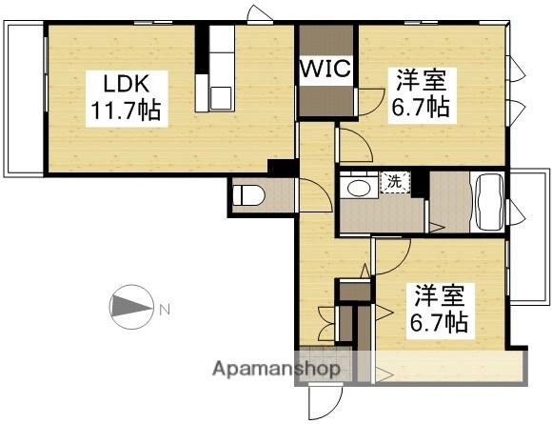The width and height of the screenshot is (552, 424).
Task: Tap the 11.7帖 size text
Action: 125,110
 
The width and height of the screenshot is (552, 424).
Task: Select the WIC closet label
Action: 327,70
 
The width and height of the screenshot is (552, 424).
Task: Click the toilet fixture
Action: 250,196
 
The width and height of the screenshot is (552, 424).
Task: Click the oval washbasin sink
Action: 358,187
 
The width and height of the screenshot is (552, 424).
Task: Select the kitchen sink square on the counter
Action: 221,95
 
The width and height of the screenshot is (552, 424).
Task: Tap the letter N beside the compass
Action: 164,309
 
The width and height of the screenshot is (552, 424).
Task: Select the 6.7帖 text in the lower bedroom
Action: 438,322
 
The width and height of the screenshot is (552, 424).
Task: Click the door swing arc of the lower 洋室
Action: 392,252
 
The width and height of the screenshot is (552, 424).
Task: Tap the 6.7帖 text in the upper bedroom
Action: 421,106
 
